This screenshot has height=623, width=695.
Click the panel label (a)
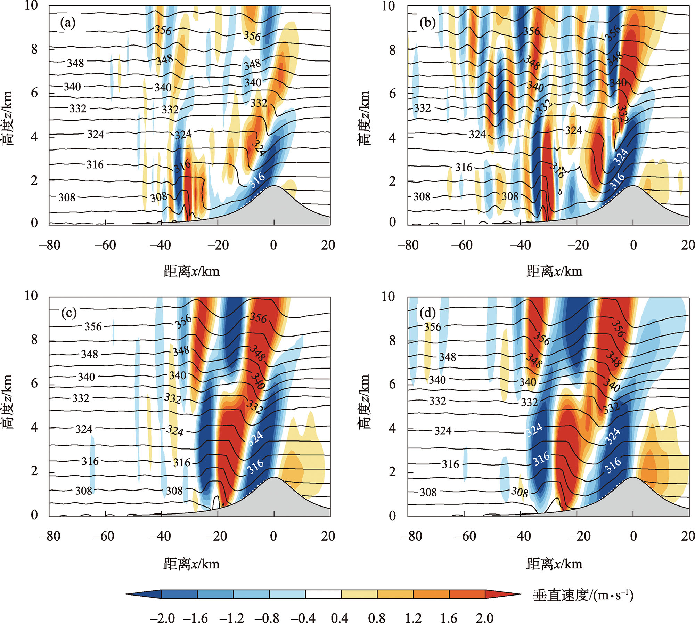coord(67,23)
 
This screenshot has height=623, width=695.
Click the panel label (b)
coord(427,23)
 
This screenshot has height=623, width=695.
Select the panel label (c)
coord(69,313)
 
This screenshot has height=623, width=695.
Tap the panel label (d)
coord(427,313)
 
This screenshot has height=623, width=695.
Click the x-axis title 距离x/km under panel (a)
coord(191,271)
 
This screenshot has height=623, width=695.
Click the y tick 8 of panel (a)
coord(34,49)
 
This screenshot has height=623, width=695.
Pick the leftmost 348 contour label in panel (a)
coord(75,63)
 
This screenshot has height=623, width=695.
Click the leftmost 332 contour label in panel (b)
coord(422,108)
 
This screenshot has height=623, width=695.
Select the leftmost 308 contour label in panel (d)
coord(428,492)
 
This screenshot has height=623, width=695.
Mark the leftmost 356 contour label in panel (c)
coord(93,326)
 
